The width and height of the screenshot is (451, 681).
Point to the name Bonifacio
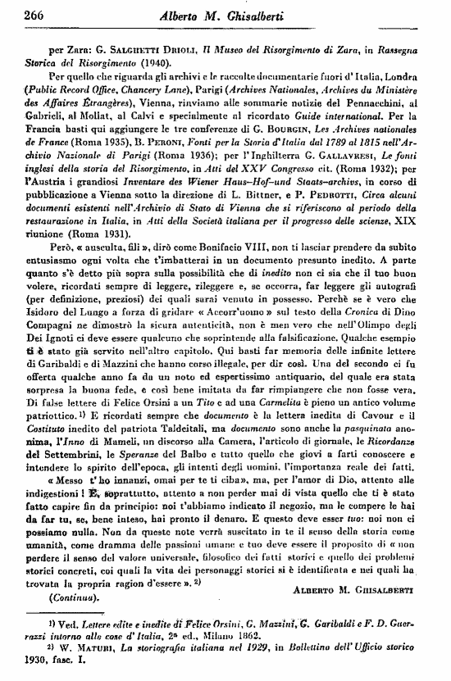[215, 291]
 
